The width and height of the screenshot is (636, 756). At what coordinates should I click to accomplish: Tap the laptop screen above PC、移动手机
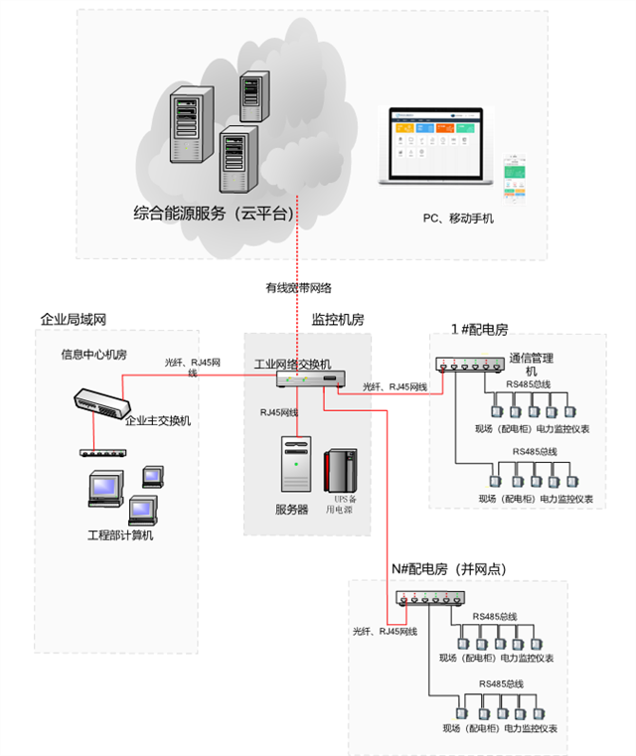coord(438,144)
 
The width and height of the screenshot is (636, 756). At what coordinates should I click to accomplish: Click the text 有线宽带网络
coord(298,288)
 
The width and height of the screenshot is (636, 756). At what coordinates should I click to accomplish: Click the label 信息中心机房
coord(93,355)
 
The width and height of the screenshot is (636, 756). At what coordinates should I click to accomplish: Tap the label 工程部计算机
coord(120,535)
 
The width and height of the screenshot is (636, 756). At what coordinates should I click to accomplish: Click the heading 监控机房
coord(338,319)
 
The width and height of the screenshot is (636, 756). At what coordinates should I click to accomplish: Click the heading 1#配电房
coord(479,328)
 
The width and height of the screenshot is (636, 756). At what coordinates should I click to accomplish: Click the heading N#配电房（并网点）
coord(449,569)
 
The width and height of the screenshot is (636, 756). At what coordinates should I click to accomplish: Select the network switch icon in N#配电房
coord(429,598)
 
